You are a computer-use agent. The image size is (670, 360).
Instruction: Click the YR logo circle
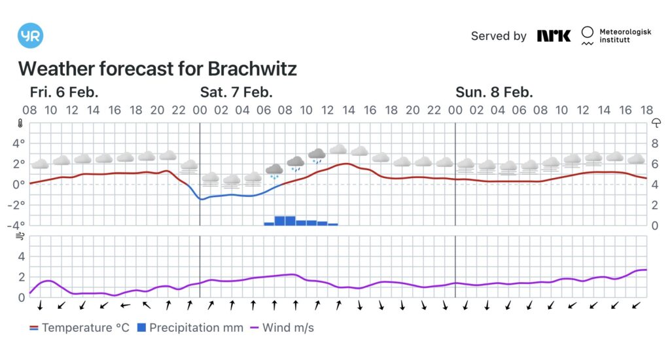31,36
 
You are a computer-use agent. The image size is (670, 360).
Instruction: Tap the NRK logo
554,36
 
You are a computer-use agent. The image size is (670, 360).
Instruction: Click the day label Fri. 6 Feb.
64,92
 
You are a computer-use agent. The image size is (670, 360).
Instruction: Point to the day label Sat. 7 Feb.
236,92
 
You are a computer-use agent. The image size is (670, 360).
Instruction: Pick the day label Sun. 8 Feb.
494,92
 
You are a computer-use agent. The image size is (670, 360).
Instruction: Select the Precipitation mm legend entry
190,327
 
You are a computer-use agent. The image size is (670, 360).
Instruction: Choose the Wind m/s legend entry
281,327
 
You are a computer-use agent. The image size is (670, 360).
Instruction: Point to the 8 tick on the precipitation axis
655,143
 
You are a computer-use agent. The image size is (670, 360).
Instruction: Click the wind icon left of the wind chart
20,236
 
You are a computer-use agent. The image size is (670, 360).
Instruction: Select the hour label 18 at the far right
647,110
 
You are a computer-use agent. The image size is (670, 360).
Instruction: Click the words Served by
499,36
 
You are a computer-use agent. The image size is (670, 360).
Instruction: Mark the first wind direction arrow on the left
40,305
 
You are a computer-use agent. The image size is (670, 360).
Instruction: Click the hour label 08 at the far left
30,110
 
